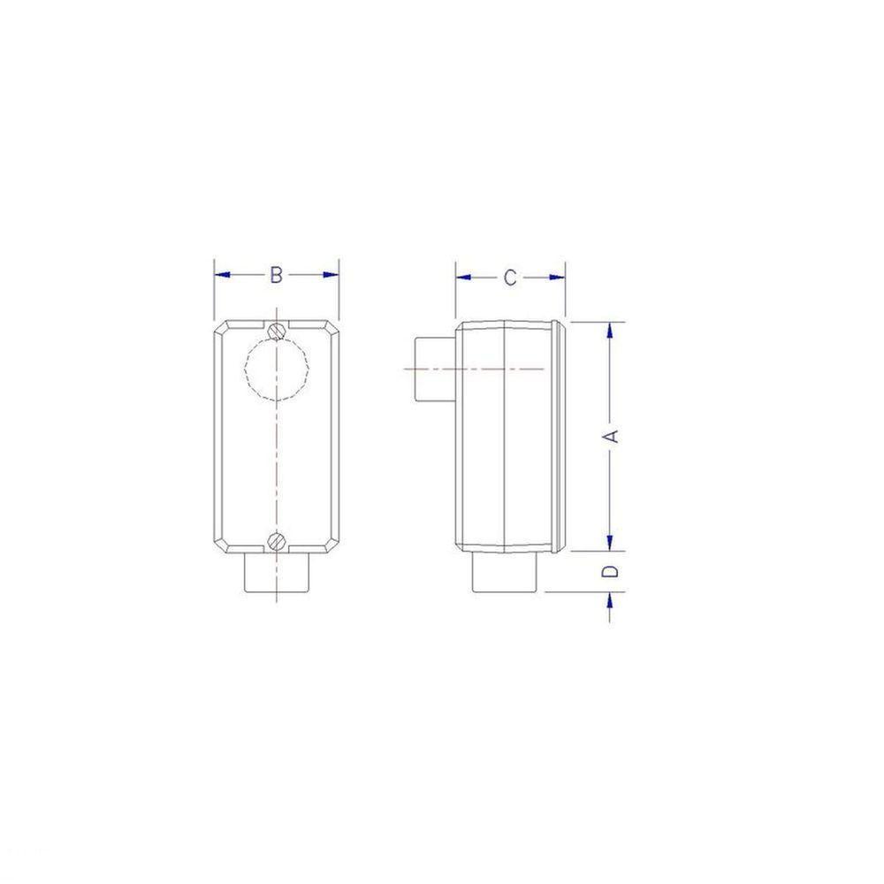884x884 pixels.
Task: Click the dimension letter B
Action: (276, 276)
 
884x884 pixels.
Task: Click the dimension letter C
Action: (510, 278)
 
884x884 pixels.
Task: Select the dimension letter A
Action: (610, 436)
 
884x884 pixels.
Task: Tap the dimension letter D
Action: (610, 571)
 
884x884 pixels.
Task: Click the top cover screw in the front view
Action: (278, 330)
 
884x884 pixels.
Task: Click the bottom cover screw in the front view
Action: (278, 539)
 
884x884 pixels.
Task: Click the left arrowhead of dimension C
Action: (462, 278)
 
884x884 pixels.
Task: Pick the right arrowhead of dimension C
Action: (558, 278)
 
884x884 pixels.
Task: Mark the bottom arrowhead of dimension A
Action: (610, 543)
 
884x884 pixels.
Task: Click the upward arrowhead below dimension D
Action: (610, 600)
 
